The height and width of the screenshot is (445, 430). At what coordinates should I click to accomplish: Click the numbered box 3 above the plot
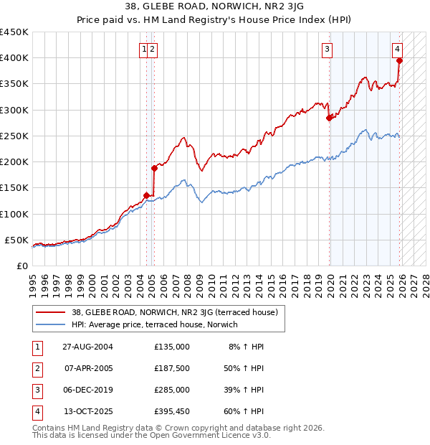[327, 50]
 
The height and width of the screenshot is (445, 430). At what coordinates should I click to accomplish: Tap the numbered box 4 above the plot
[396, 50]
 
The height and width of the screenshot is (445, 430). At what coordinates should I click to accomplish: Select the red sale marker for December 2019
[330, 118]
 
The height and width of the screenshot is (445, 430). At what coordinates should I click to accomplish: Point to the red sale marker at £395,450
[400, 61]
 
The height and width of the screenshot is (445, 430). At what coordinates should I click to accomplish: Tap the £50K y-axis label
[16, 240]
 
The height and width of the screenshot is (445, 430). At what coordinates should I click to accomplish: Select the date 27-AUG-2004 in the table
[89, 346]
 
